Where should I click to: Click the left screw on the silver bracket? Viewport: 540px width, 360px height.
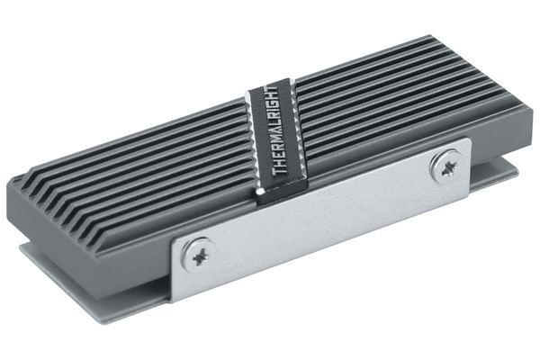pos(198,256)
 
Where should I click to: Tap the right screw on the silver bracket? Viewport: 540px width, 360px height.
pos(447,166)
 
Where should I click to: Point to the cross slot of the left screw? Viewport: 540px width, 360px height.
pos(200,256)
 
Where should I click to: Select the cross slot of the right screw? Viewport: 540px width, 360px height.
pos(449,167)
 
